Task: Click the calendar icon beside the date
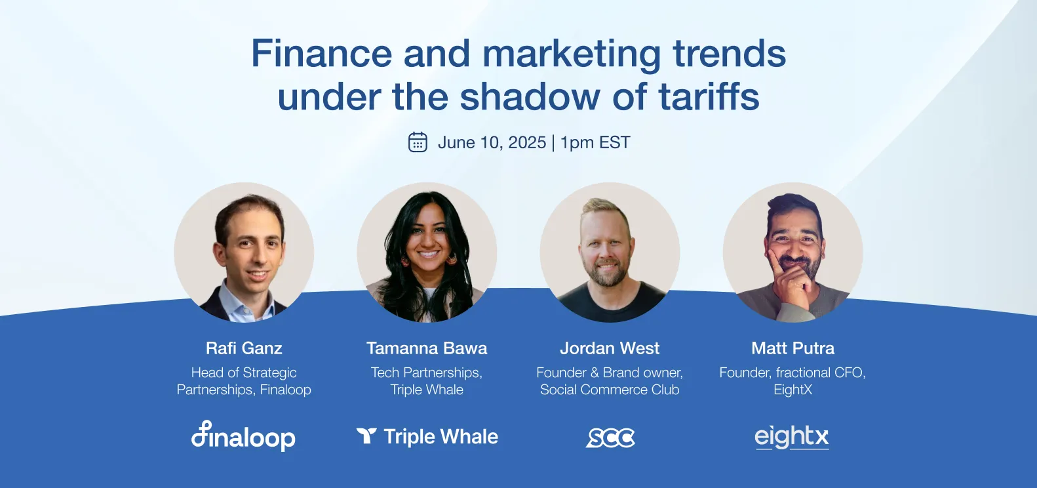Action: point(418,142)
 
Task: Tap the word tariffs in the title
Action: point(709,97)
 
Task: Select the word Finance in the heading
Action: point(321,53)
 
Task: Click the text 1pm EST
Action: point(595,142)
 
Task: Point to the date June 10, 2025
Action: point(492,142)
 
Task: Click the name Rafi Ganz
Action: point(244,348)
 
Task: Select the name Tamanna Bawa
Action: point(427,348)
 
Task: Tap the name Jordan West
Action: point(610,348)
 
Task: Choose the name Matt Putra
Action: point(792,348)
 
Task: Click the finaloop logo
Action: point(243,436)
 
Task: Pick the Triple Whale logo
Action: point(427,437)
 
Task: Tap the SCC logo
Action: point(610,437)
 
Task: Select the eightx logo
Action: point(792,437)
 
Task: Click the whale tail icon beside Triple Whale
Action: point(366,436)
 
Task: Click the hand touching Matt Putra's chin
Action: point(790,279)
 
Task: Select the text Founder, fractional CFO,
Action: point(792,373)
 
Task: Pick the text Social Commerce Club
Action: point(610,390)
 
